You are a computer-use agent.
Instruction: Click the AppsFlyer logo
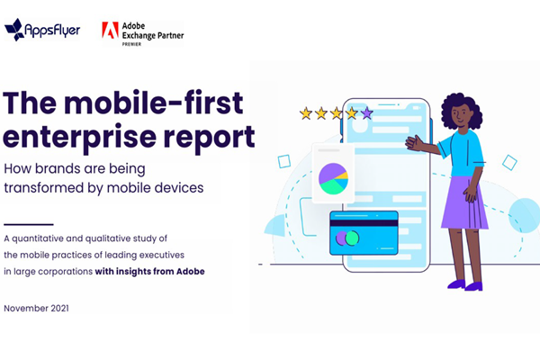(42, 30)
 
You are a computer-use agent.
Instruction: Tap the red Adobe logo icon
(110, 30)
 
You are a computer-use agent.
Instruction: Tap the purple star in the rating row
(366, 113)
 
